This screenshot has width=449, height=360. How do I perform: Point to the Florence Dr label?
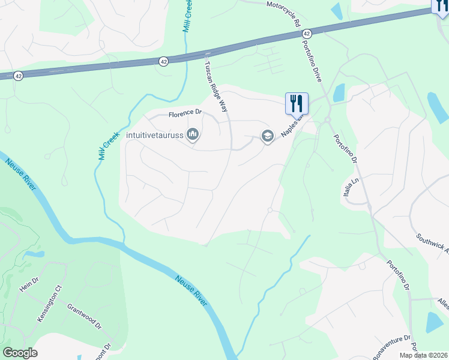(185, 113)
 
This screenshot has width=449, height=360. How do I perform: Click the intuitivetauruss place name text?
(155, 136)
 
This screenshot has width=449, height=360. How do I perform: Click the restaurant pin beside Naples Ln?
(296, 103)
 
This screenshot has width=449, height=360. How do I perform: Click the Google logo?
(20, 353)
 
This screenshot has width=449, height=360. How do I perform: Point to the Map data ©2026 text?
(423, 355)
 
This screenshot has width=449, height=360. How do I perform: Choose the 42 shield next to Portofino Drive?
(307, 34)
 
